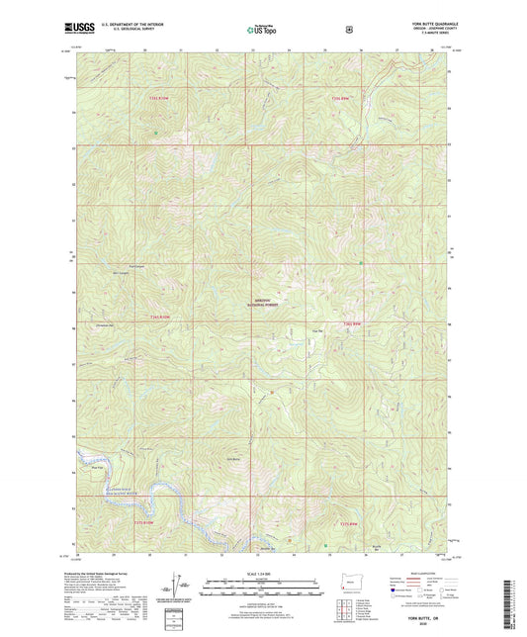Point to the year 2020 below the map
tap(425, 625)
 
